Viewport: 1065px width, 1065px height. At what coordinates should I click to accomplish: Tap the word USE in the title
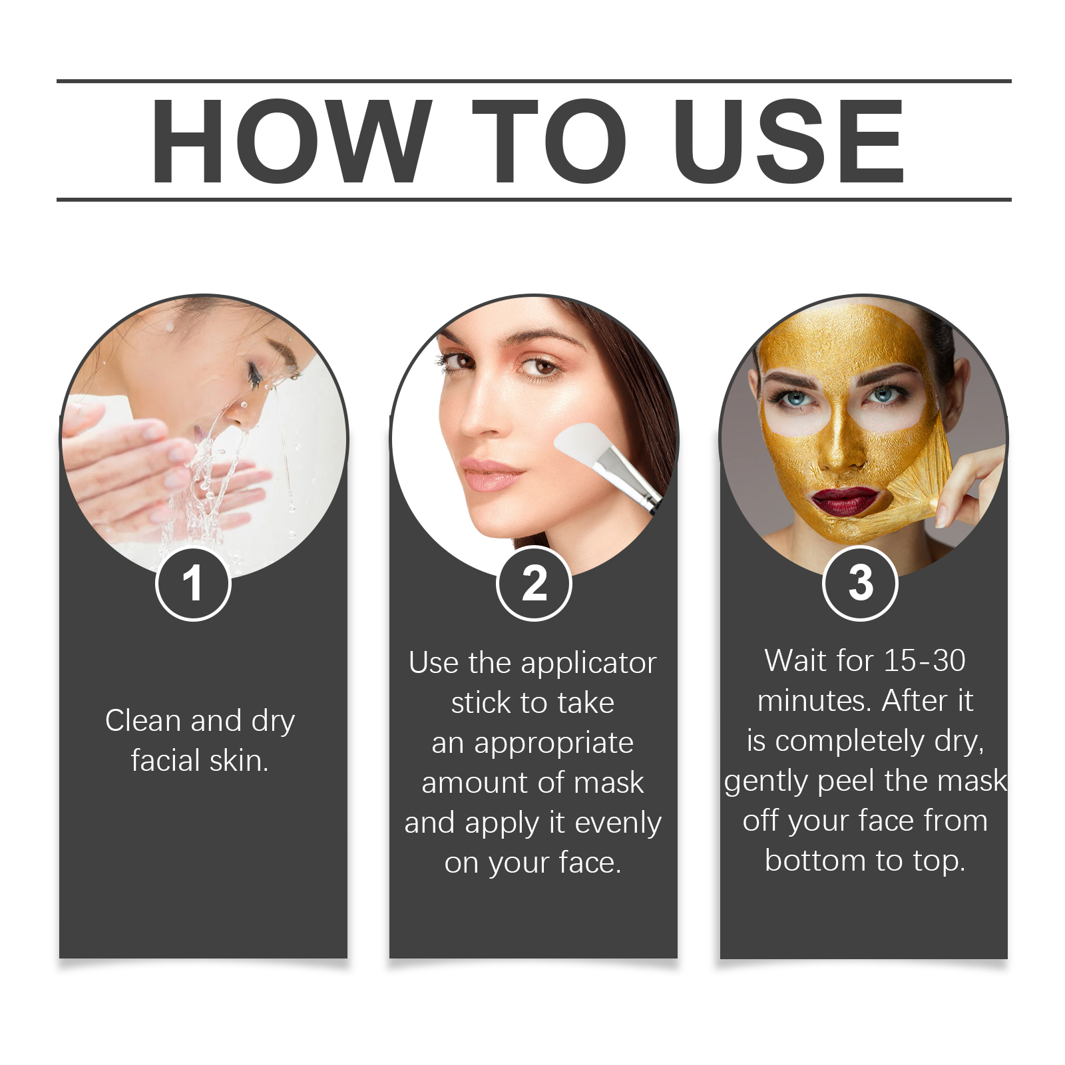(789, 140)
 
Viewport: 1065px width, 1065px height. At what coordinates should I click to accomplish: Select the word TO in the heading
(549, 140)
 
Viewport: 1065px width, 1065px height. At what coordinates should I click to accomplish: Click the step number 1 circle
(193, 584)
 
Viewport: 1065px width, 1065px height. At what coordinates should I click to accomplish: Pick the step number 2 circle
(534, 584)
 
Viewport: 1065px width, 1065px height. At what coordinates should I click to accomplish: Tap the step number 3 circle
(861, 583)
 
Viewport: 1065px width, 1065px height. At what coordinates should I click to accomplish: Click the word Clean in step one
(143, 720)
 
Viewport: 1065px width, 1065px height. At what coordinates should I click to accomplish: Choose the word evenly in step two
(618, 824)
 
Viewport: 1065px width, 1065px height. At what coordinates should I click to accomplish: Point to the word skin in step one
(238, 760)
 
